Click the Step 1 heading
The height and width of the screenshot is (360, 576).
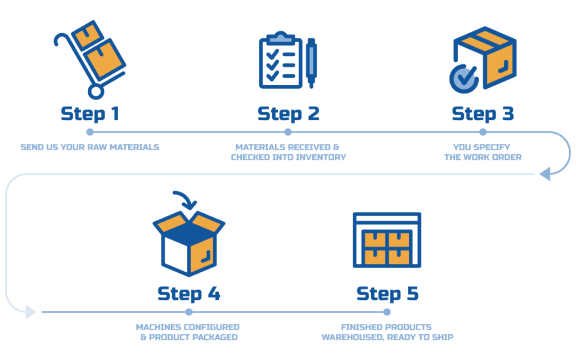click(x=90, y=114)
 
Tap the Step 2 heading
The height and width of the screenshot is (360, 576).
click(x=289, y=114)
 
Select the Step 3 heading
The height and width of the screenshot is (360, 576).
click(x=483, y=114)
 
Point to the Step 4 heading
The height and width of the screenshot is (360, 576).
click(x=188, y=293)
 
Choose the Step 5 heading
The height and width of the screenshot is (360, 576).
click(x=388, y=293)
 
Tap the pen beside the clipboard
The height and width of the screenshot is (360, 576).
click(x=311, y=62)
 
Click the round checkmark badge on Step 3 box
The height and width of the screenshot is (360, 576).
click(x=463, y=78)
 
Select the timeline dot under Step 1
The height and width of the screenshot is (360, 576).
click(x=90, y=132)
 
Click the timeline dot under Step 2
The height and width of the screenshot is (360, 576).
click(x=288, y=132)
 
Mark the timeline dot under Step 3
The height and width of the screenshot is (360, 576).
click(x=483, y=132)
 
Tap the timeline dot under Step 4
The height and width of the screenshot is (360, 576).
click(x=189, y=312)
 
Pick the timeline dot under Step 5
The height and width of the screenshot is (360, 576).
click(x=386, y=312)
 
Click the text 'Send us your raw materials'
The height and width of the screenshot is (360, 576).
click(x=90, y=147)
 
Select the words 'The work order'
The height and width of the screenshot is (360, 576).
click(x=483, y=157)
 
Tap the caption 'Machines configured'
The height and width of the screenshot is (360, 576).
click(x=188, y=327)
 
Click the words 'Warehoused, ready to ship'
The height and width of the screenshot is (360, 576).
click(x=387, y=337)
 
